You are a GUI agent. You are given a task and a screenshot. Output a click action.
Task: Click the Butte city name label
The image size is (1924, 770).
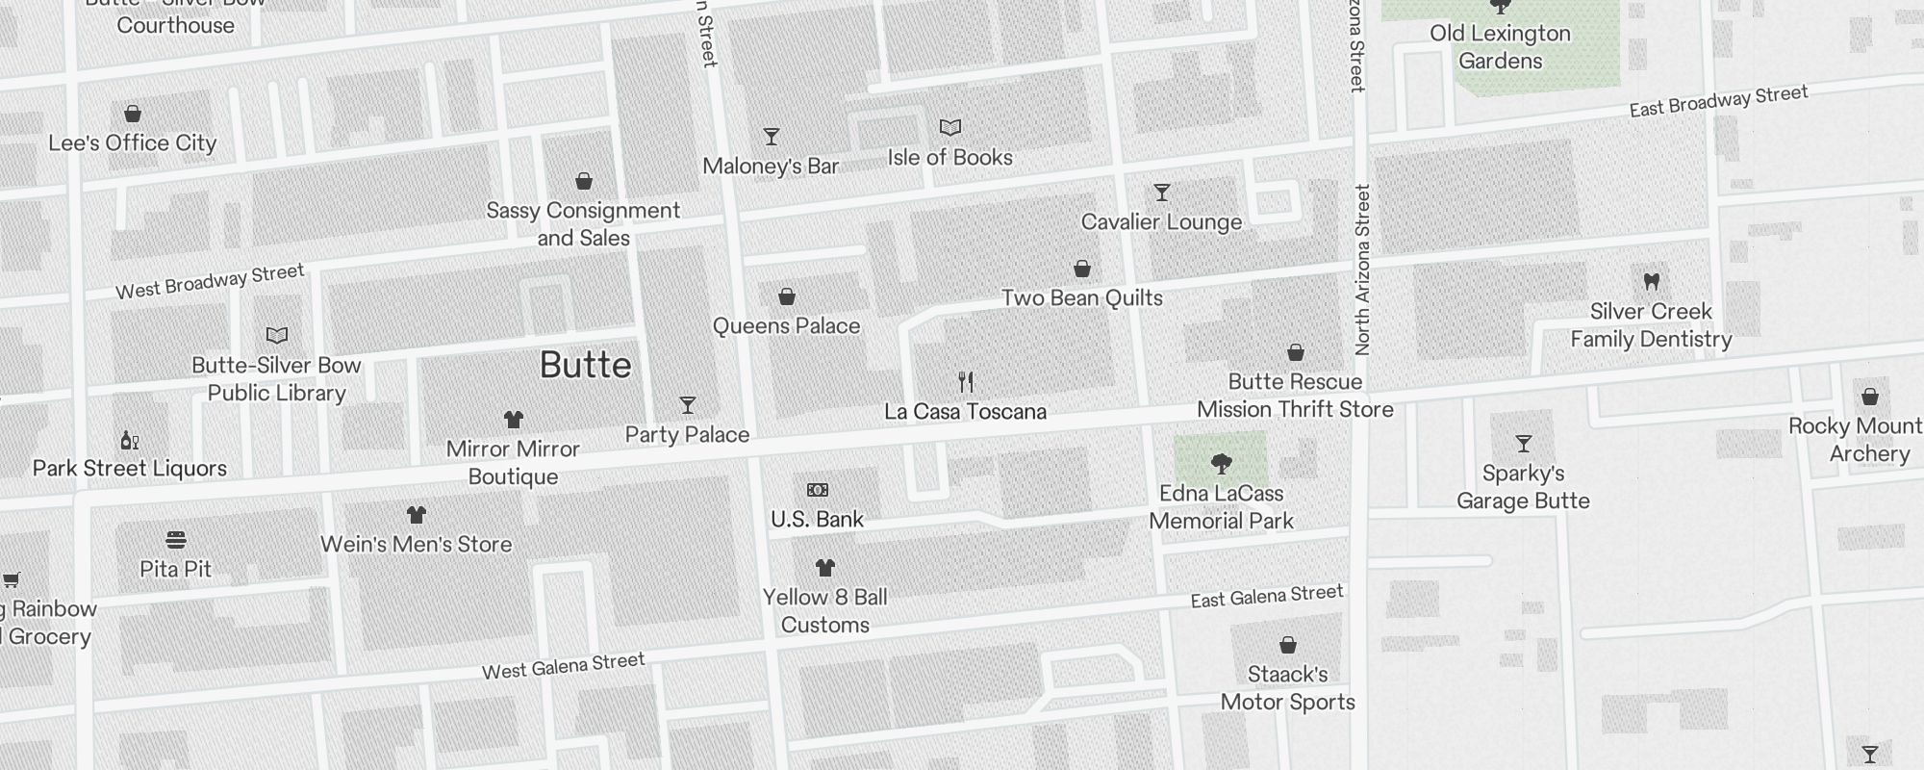(585, 366)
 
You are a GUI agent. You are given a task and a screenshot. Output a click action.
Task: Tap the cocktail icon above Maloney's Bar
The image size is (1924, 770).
(771, 137)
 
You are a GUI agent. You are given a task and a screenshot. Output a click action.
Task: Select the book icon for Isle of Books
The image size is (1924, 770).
(949, 127)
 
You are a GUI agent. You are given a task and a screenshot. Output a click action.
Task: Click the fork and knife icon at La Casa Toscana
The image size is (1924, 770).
(966, 382)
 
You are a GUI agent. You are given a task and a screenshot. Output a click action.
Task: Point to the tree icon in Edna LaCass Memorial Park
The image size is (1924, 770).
(1221, 464)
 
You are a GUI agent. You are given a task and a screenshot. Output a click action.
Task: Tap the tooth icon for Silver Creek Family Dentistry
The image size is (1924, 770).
(1651, 282)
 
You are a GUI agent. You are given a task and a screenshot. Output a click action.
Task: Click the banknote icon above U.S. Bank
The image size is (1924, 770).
(817, 490)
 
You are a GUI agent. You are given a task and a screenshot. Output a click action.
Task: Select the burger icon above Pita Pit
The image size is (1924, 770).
(175, 539)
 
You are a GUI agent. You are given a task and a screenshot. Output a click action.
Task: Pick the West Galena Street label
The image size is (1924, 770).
(563, 666)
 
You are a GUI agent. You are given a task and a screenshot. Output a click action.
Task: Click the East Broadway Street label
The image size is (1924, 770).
(1718, 101)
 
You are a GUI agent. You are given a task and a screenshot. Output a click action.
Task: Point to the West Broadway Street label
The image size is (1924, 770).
(210, 281)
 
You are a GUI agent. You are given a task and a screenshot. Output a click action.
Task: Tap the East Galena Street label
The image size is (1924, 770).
(1266, 597)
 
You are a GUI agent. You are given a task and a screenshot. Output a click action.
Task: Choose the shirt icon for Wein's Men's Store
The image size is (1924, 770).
(416, 515)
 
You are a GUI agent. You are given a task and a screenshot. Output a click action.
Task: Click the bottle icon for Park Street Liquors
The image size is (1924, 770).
(130, 441)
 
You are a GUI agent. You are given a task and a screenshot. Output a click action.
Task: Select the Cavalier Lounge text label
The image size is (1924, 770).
(1161, 222)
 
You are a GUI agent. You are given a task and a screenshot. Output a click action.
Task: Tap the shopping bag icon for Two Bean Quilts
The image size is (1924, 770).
(1081, 269)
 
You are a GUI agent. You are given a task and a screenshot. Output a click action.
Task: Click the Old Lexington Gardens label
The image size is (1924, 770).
(1500, 47)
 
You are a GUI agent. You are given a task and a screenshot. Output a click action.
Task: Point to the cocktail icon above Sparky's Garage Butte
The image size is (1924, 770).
(1523, 444)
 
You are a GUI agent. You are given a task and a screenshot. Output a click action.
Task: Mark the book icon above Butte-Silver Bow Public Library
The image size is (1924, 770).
(276, 336)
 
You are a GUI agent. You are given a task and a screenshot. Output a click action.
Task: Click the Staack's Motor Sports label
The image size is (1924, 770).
(1287, 688)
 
